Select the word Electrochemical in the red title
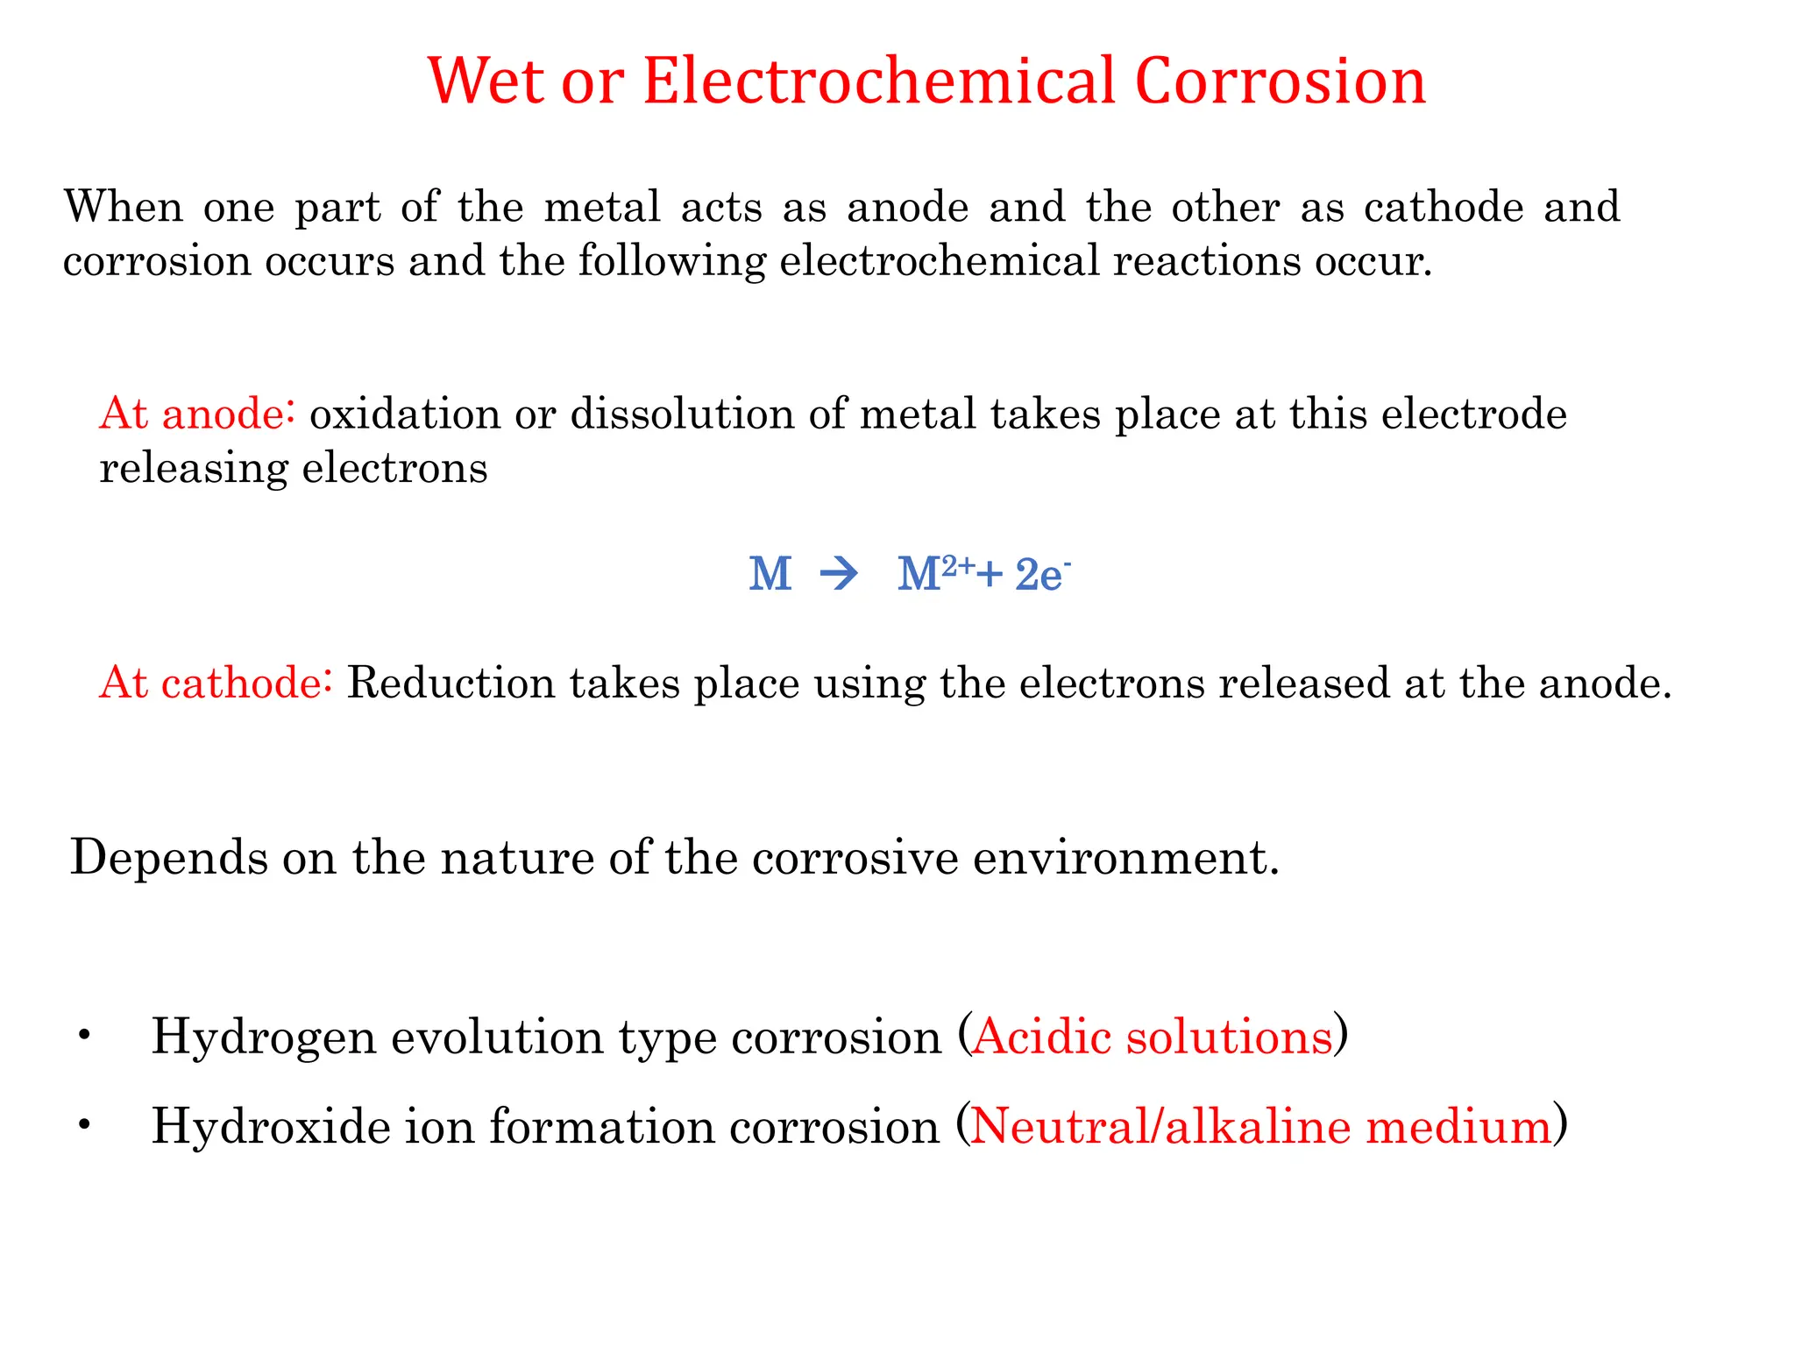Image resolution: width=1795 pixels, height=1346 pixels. (x=878, y=81)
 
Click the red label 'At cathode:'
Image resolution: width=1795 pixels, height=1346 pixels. (x=216, y=683)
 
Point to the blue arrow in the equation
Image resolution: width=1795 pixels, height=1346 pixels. (x=839, y=575)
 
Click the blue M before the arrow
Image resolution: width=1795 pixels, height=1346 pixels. (x=770, y=575)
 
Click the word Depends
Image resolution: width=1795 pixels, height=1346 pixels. (x=169, y=857)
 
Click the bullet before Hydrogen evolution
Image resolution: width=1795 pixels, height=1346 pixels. (x=84, y=1037)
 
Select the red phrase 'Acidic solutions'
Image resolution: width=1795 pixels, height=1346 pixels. (x=1153, y=1037)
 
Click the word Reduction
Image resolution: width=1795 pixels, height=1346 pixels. (x=451, y=683)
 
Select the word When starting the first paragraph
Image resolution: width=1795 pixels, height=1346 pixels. (x=124, y=208)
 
